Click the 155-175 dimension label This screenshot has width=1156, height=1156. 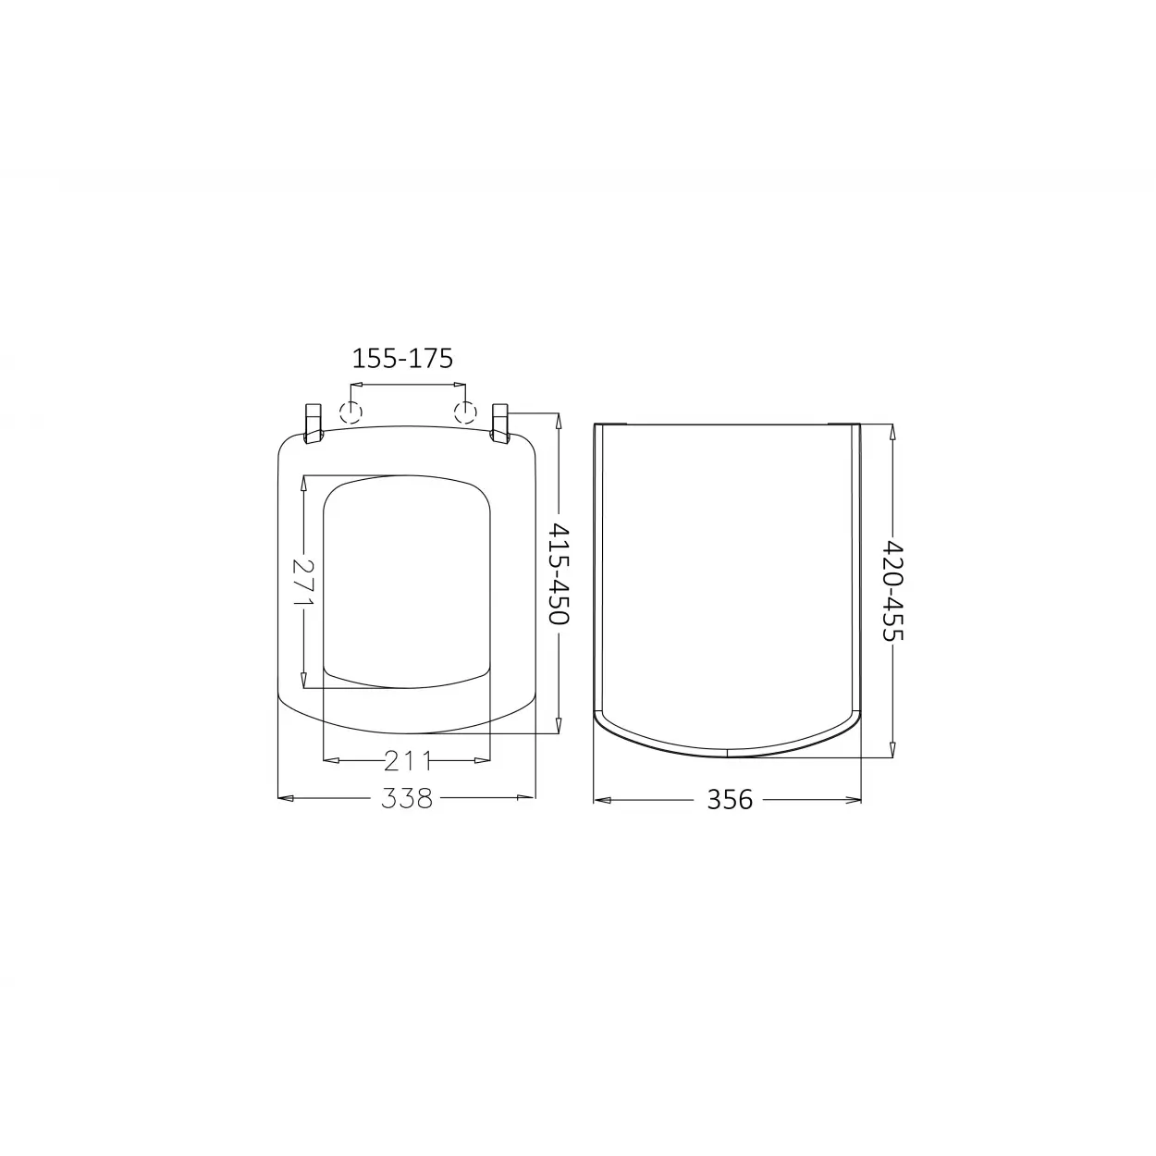[402, 359]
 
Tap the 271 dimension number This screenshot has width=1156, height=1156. [303, 582]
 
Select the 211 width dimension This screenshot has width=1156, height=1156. [407, 761]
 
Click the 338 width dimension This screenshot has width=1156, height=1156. [407, 798]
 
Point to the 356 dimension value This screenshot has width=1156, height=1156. [730, 800]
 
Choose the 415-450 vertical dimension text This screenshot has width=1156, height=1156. [560, 572]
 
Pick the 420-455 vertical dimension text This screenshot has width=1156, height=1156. [892, 590]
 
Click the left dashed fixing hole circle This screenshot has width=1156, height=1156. [350, 412]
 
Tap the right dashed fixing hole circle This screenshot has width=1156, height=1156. [465, 412]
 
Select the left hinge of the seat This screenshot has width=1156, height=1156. [314, 424]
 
